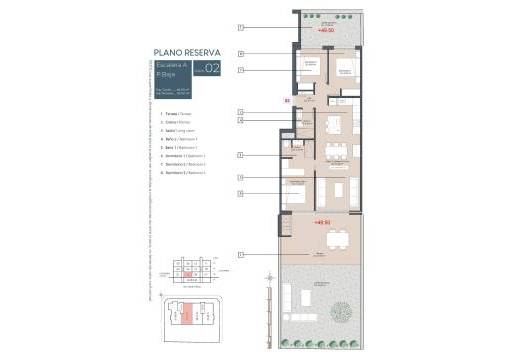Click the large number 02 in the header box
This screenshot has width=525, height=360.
pyautogui.click(x=211, y=70)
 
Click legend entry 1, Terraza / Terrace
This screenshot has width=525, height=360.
pyautogui.click(x=176, y=113)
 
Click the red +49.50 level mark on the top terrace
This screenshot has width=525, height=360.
pyautogui.click(x=325, y=30)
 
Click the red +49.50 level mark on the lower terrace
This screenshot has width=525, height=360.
pyautogui.click(x=321, y=222)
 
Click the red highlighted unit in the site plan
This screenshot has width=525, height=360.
pyautogui.click(x=186, y=314)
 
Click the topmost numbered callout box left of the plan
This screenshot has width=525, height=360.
pyautogui.click(x=241, y=26)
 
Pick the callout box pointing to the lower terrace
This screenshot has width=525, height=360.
pyautogui.click(x=241, y=255)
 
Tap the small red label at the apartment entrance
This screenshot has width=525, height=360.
pyautogui.click(x=287, y=101)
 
